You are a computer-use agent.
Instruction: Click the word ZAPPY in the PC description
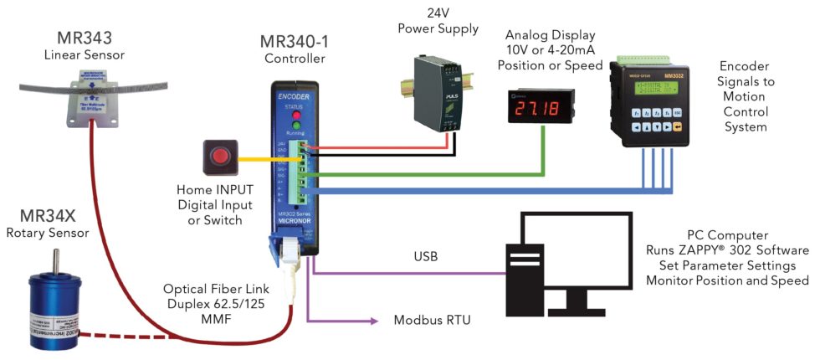tap(709, 250)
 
